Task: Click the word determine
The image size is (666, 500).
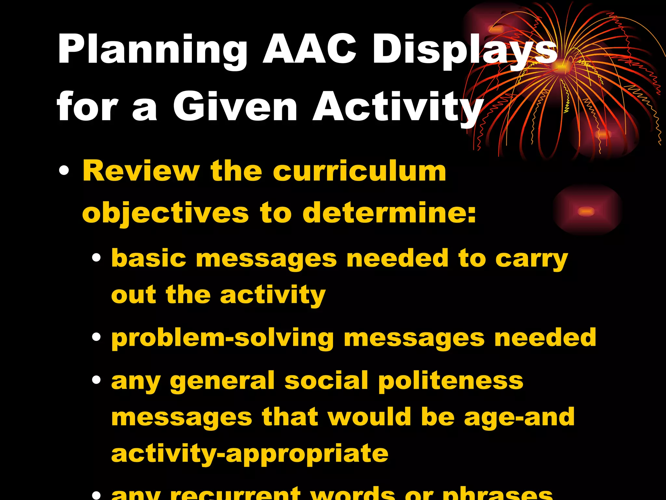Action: (x=389, y=213)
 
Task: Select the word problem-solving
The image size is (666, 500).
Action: (x=222, y=339)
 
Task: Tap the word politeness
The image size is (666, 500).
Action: (x=450, y=381)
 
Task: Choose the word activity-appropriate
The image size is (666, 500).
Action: (x=249, y=454)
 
